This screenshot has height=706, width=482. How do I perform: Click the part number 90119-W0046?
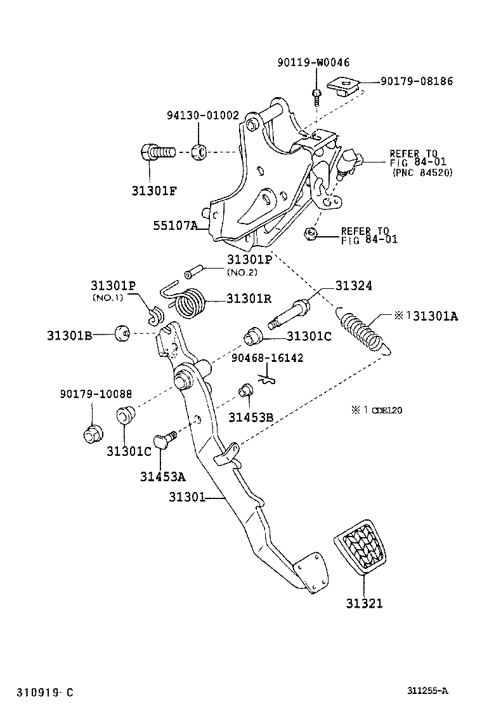(313, 62)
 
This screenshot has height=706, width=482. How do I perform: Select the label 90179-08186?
(417, 81)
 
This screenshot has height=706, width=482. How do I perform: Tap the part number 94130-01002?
(203, 116)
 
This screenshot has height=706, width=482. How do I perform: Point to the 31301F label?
(153, 191)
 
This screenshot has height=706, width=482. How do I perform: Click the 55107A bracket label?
(175, 225)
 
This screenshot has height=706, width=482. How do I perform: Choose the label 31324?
(353, 286)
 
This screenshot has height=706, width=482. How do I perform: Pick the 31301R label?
(249, 298)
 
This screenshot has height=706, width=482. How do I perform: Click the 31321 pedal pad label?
(364, 603)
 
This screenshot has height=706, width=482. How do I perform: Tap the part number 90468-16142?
(267, 357)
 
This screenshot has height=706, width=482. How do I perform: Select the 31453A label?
(163, 476)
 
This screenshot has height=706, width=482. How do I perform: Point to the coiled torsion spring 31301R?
(185, 299)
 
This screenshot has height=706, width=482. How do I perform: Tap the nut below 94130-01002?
(199, 152)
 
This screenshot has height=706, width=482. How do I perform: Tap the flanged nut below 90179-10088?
(93, 433)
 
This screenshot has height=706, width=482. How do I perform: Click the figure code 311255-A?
(427, 691)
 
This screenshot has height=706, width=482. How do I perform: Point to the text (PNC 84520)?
(422, 173)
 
